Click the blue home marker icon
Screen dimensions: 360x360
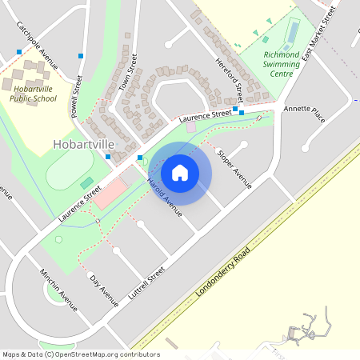[x=180, y=172]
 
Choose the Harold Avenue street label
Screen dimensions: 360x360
[x=165, y=197]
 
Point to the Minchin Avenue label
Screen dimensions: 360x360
[x=58, y=289]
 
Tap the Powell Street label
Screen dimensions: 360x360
[x=77, y=96]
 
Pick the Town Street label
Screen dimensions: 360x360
[x=128, y=72]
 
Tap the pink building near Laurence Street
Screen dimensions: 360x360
[x=110, y=193]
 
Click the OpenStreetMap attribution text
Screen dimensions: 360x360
[x=70, y=354]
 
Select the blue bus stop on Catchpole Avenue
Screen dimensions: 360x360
[x=19, y=52]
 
